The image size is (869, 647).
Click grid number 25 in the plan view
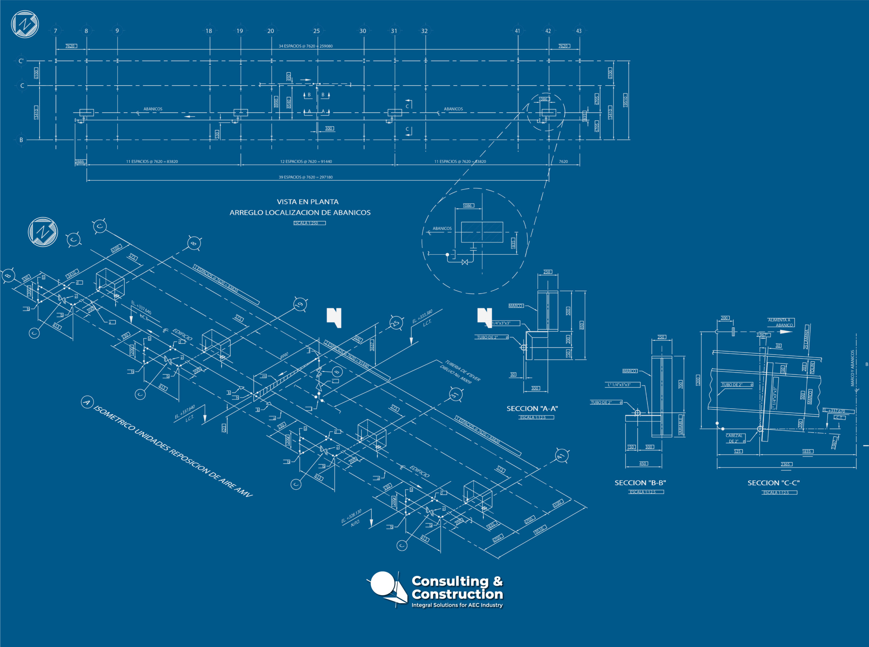coord(316,31)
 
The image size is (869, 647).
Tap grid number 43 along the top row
coord(578,31)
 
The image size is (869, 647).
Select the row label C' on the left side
coord(21,61)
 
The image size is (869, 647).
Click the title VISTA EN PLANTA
coord(308,202)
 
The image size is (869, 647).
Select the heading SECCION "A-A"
coord(532,409)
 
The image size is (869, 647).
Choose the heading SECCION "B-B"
coord(640,483)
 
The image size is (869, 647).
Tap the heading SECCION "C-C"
coord(774,483)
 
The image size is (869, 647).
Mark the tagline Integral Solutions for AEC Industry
coord(457,605)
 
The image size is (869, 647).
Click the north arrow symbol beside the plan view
coord(25,24)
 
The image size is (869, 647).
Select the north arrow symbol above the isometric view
coord(43,232)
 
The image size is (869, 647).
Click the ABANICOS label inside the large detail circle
coord(442,228)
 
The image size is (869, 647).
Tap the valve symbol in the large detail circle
coord(465,262)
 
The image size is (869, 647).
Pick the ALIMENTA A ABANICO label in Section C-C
coord(780,322)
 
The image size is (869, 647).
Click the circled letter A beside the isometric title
coord(87,402)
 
